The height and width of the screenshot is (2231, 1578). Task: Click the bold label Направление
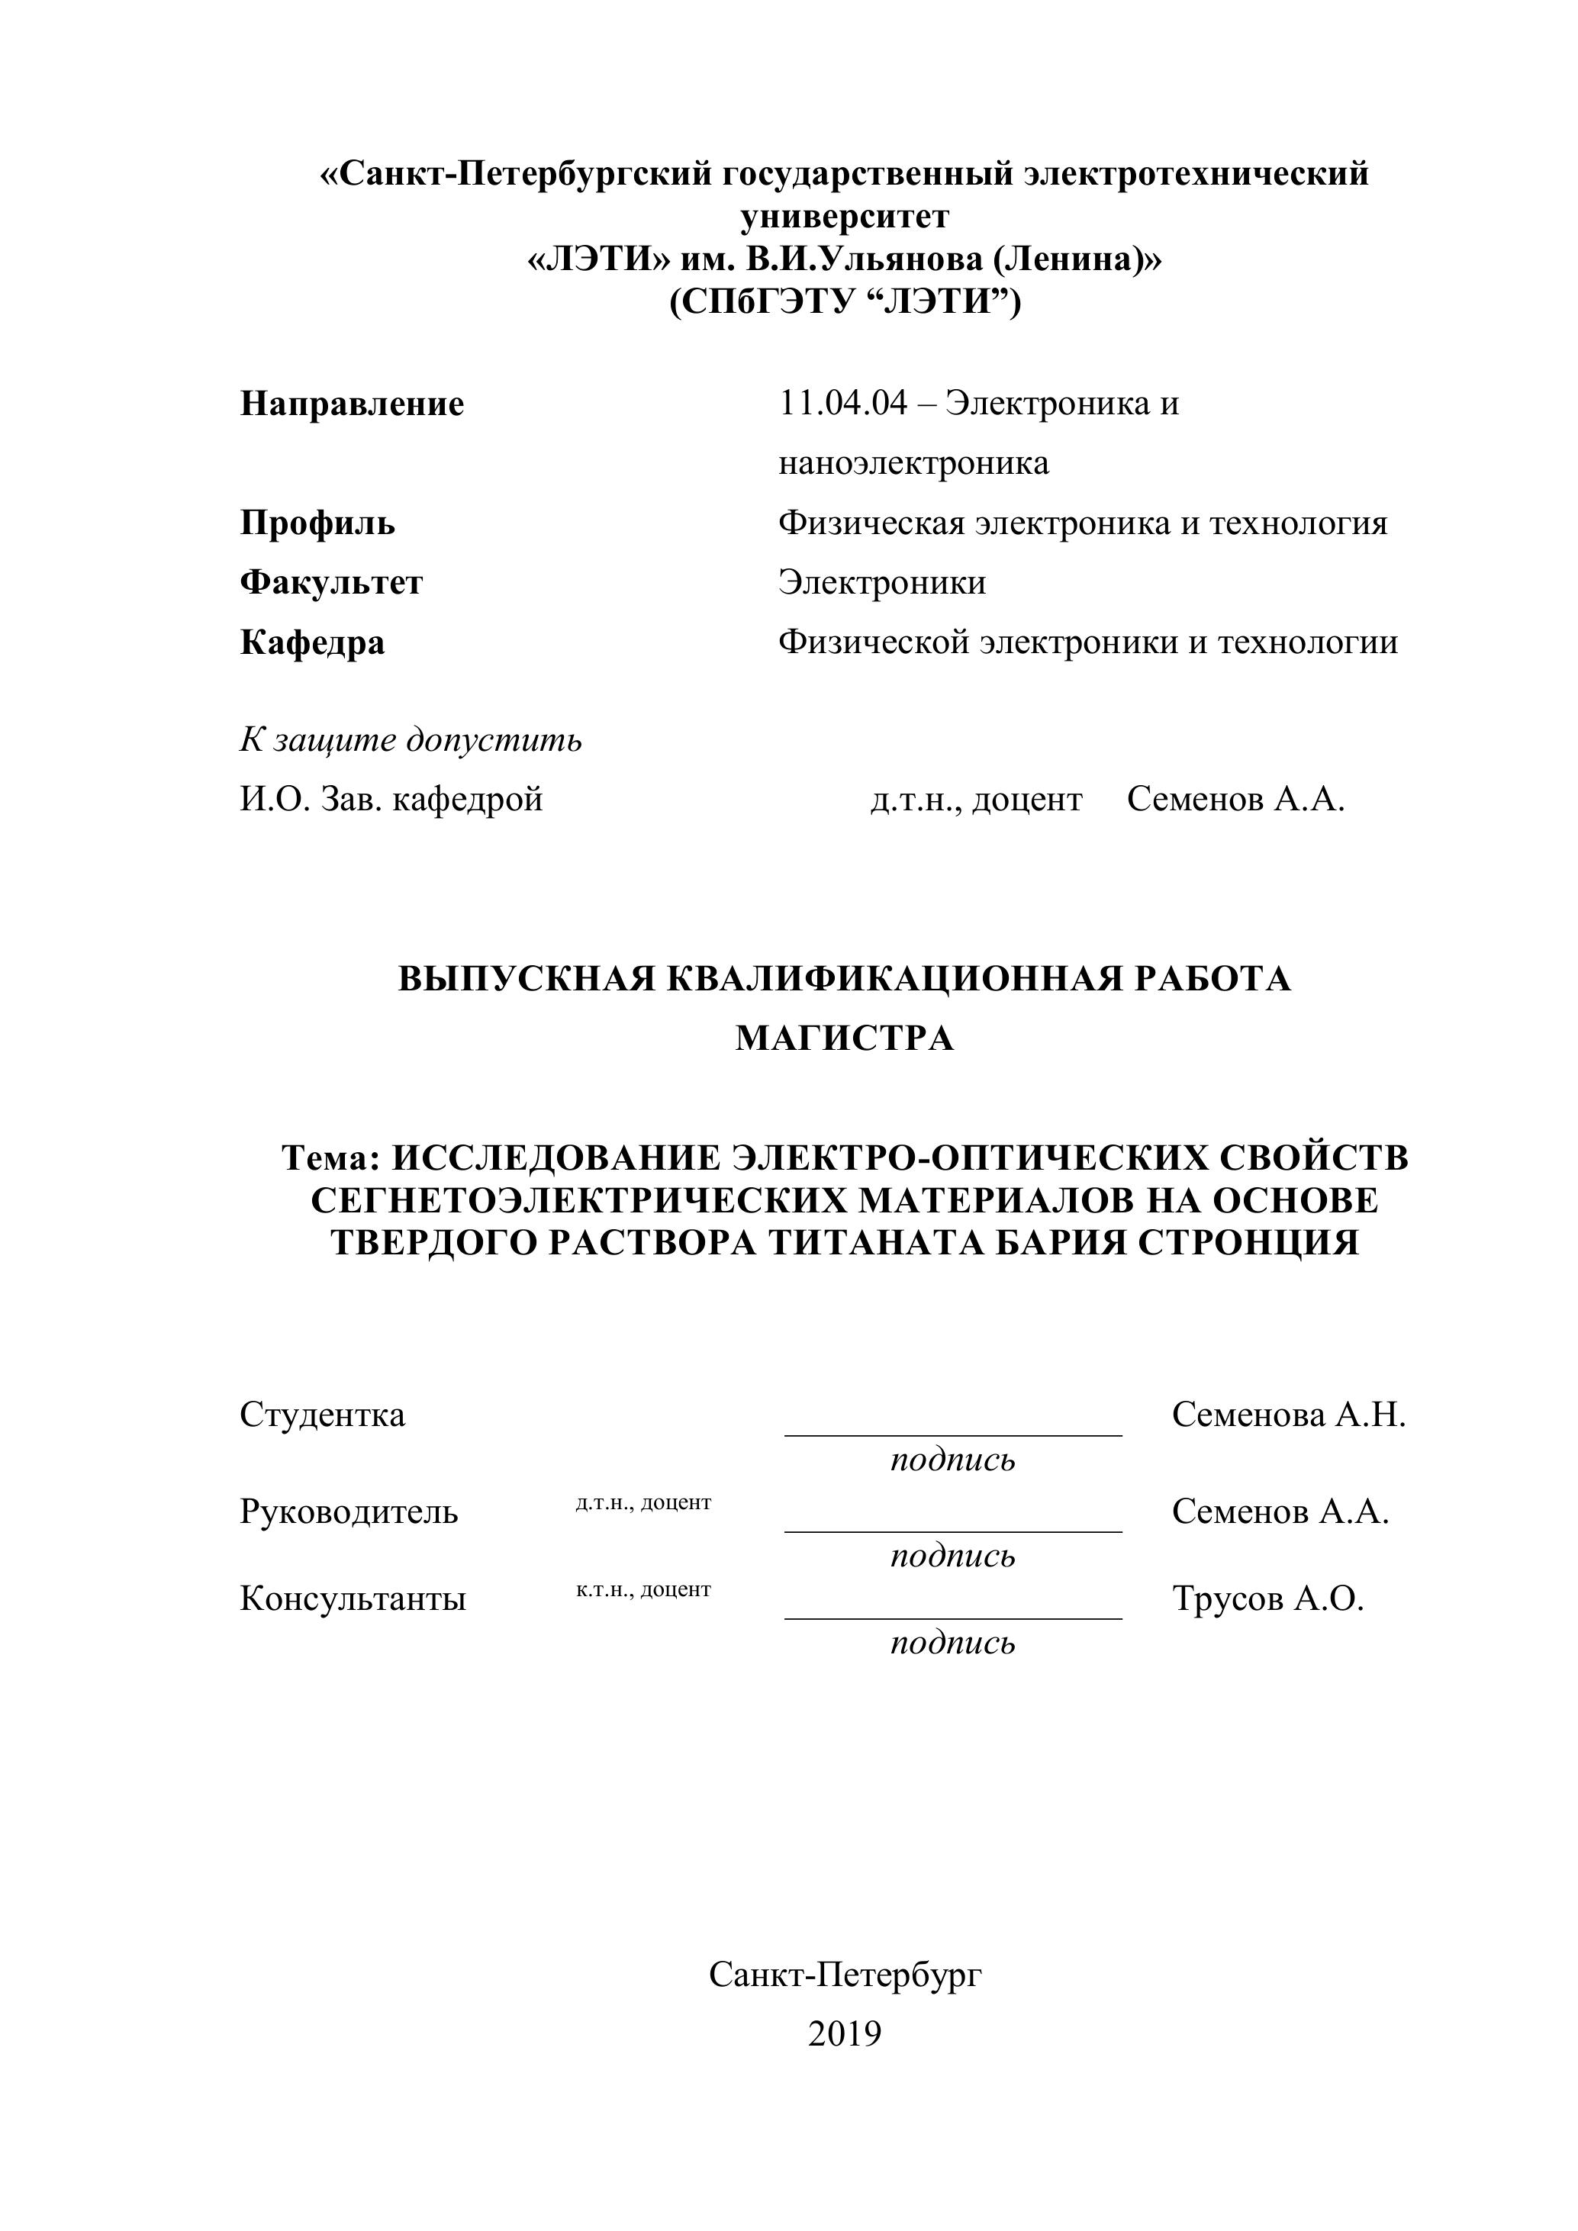click(x=352, y=404)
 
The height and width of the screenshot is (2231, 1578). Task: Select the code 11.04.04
click(x=842, y=402)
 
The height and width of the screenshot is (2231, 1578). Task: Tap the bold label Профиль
click(x=317, y=523)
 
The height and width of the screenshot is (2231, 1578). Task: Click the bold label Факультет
click(x=331, y=582)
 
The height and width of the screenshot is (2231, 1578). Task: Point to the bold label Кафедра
click(x=312, y=642)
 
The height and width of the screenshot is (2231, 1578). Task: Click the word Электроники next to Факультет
click(x=881, y=582)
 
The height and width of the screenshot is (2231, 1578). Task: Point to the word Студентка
click(x=323, y=1415)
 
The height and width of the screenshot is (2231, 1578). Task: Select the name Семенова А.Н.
click(x=1289, y=1415)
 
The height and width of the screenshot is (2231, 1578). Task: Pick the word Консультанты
click(x=353, y=1598)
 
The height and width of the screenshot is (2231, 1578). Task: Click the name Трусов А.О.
click(x=1268, y=1598)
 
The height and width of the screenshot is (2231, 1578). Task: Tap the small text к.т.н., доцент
click(x=643, y=1589)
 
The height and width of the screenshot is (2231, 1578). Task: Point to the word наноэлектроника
click(x=913, y=462)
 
